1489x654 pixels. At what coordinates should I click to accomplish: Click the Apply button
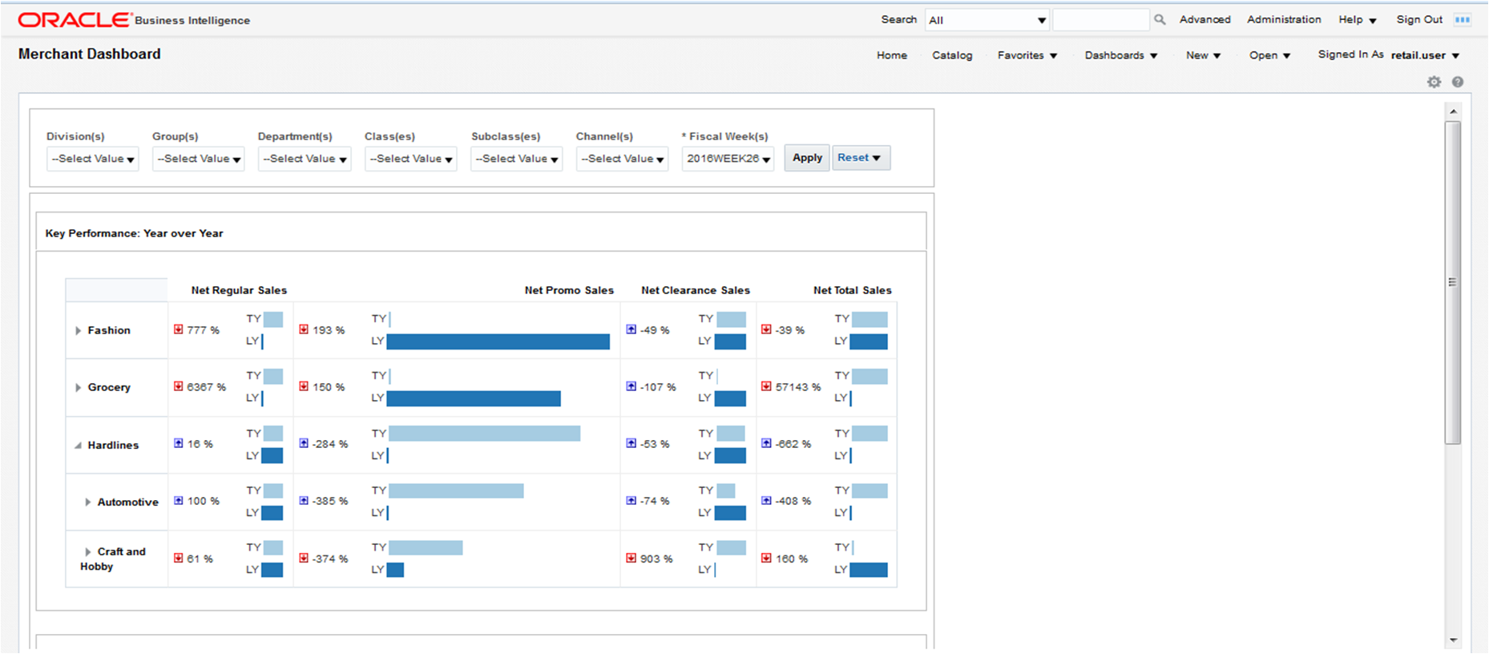(x=806, y=158)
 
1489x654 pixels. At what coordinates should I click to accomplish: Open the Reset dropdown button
(x=861, y=158)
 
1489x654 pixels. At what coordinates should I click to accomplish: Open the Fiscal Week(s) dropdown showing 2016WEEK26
(x=728, y=159)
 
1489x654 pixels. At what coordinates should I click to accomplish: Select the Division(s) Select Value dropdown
(x=92, y=159)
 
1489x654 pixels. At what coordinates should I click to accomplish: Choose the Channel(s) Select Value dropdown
(x=622, y=159)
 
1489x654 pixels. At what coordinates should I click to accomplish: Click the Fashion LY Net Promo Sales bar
(x=498, y=341)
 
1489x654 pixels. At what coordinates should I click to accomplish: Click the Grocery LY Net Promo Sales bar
(x=474, y=398)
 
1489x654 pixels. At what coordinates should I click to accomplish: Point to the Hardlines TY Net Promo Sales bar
(x=484, y=434)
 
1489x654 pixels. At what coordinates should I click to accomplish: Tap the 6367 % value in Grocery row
(x=206, y=387)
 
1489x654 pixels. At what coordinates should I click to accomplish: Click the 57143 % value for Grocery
(x=797, y=387)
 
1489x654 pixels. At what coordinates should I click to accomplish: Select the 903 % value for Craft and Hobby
(x=656, y=559)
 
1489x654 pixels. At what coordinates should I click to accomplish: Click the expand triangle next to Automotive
(x=87, y=503)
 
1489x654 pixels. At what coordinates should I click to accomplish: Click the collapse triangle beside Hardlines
(x=78, y=446)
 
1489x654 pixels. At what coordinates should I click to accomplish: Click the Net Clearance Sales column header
(x=695, y=290)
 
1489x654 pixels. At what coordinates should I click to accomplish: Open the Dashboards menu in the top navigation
(x=1120, y=55)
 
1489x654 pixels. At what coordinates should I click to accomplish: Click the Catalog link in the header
(x=952, y=55)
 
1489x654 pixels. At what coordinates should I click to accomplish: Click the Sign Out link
(x=1418, y=19)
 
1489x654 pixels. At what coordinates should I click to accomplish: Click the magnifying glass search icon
(x=1160, y=19)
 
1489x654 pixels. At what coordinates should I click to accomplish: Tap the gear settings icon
(x=1434, y=82)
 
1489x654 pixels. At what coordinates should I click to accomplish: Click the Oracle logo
(x=74, y=19)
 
